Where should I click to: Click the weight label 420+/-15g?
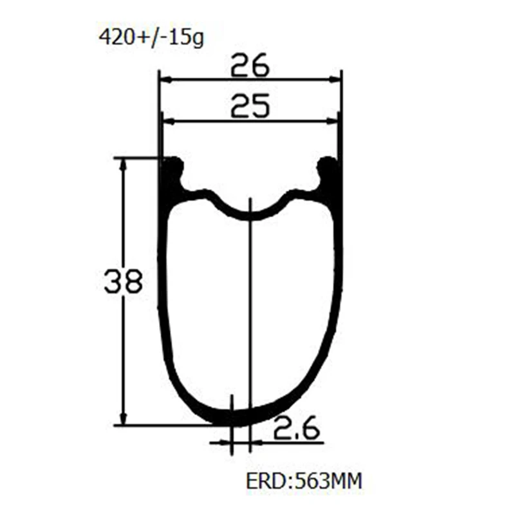(x=151, y=38)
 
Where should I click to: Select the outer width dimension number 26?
(x=250, y=65)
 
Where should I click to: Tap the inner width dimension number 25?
(x=250, y=106)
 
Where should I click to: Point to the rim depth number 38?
(x=124, y=281)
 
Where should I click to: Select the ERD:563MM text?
(x=304, y=480)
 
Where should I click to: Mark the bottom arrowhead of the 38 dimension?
(x=124, y=419)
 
